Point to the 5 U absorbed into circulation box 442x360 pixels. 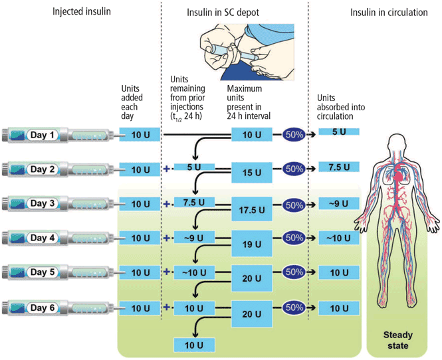[x=339, y=132]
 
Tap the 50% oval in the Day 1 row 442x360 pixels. [x=294, y=134]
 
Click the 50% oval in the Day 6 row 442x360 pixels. [x=294, y=308]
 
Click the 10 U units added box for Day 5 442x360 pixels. [x=140, y=272]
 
